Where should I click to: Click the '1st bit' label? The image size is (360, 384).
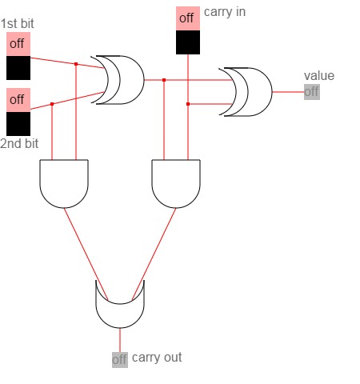point(18,23)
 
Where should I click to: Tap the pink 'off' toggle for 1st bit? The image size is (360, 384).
point(18,44)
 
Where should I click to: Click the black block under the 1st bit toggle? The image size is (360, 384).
point(18,68)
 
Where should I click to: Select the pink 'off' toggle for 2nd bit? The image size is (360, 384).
point(18,100)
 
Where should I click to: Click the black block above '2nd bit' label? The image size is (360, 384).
point(18,124)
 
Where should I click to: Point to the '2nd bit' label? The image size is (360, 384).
point(19,143)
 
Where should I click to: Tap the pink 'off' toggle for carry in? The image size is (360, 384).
point(188,18)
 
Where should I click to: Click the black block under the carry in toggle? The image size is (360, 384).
point(188,42)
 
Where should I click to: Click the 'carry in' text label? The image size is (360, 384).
point(225,12)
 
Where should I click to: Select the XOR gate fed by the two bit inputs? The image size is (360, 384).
point(126,80)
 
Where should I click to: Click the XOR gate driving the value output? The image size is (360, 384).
point(254,92)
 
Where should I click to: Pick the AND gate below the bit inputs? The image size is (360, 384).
point(64,183)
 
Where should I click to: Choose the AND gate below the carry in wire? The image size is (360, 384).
point(176,183)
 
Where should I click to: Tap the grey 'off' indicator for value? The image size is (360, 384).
point(312,92)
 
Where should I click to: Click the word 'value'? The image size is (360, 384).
point(319,76)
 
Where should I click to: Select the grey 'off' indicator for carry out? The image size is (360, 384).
point(120,360)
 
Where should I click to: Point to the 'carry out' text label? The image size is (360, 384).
point(157,358)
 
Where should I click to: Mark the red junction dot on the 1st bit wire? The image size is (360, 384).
point(76,64)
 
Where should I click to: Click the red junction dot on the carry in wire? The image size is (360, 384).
point(188,104)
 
